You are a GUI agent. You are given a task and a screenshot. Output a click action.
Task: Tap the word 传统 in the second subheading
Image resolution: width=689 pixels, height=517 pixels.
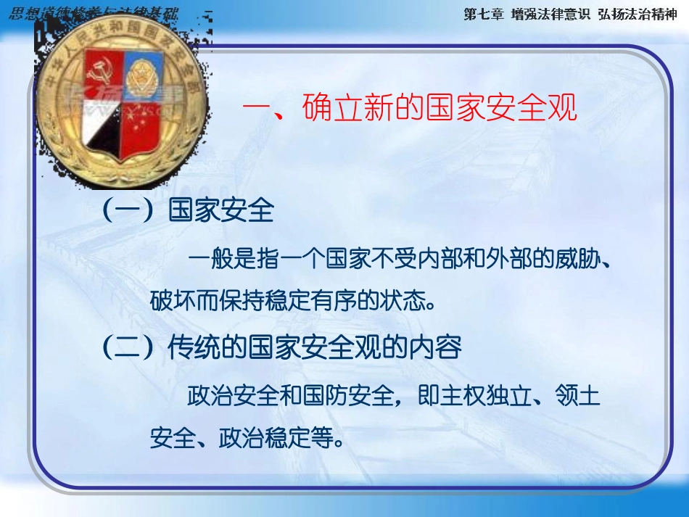pos(186,348)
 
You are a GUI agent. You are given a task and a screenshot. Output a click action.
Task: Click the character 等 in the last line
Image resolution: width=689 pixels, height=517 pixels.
pos(321,438)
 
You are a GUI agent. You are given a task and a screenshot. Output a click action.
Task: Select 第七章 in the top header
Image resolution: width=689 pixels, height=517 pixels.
pos(483,15)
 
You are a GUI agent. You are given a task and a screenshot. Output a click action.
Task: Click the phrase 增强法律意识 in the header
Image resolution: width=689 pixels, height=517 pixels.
pos(548,15)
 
